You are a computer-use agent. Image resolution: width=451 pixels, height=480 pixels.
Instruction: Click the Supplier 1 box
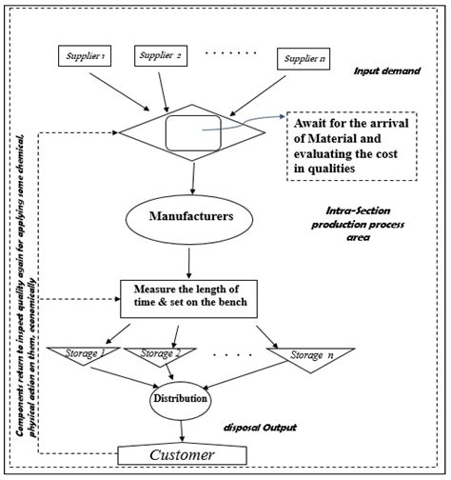tap(87, 56)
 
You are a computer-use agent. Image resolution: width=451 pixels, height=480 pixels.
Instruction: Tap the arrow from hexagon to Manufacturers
tap(193, 176)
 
